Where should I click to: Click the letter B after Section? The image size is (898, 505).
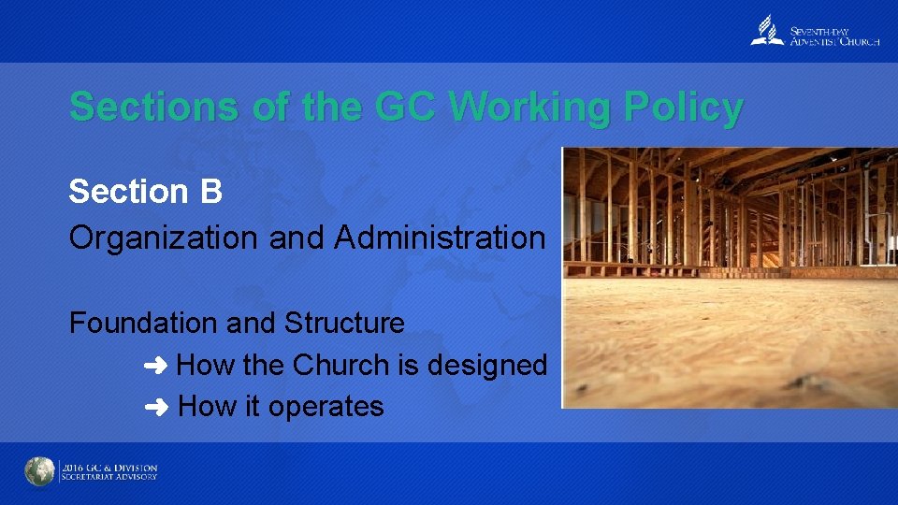click(210, 192)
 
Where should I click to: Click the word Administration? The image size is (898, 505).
click(440, 238)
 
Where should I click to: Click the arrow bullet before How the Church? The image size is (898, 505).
click(155, 366)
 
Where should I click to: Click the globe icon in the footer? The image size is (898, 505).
click(40, 472)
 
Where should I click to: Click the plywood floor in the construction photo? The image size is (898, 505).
click(730, 346)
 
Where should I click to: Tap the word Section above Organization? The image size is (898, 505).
click(129, 192)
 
